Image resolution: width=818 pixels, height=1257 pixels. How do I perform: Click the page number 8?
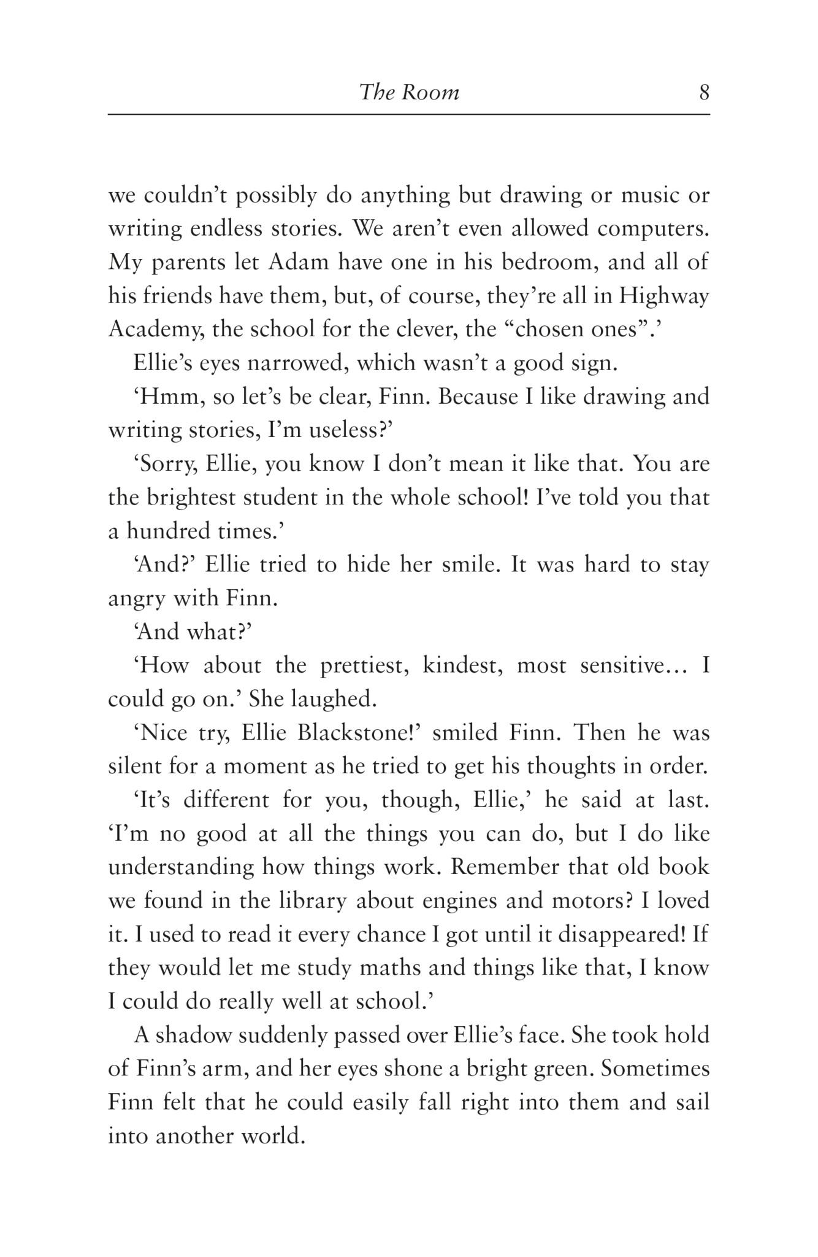tap(704, 92)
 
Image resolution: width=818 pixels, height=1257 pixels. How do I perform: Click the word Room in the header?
tap(430, 92)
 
